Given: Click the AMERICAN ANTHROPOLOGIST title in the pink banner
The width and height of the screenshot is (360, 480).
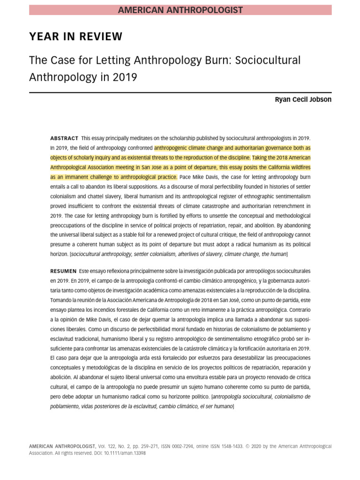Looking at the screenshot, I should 180,10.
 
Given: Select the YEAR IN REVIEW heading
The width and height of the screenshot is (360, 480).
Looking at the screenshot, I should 76,37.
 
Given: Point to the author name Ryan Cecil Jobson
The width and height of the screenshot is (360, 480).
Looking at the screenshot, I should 303,99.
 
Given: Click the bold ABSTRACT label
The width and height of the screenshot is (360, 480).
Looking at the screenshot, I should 64,138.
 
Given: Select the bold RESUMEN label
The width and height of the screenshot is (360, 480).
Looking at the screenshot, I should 63,271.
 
